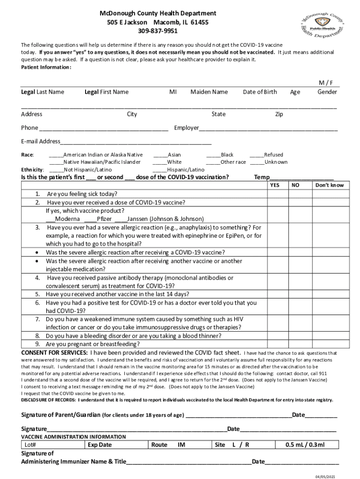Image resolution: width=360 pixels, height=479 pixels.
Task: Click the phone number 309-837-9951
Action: (x=158, y=31)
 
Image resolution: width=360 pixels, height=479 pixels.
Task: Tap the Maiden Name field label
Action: (x=209, y=92)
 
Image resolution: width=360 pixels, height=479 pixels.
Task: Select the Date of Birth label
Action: (x=260, y=92)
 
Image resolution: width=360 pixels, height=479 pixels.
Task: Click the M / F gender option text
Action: (x=326, y=83)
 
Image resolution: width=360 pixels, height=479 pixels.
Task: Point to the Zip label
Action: (x=279, y=114)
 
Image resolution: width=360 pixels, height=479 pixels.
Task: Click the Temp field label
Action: (x=261, y=177)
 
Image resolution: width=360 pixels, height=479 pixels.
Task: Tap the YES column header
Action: (x=275, y=185)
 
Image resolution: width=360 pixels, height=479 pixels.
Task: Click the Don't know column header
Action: (x=329, y=185)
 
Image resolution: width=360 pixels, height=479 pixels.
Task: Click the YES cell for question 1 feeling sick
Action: (x=275, y=194)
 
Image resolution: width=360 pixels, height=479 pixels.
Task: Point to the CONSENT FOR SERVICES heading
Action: (x=54, y=352)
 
